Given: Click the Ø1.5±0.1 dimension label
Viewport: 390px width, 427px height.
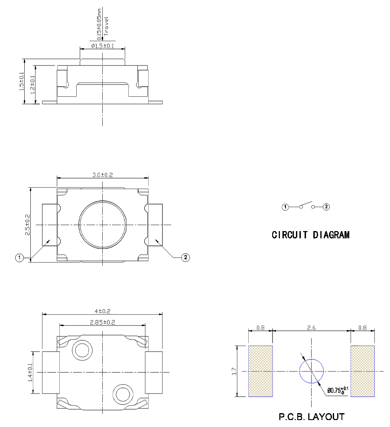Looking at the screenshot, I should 102,46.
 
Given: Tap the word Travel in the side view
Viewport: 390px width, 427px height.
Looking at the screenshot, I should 106,26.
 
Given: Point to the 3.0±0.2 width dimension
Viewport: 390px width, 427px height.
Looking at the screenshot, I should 102,175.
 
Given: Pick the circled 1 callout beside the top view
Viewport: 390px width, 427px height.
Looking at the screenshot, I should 19,258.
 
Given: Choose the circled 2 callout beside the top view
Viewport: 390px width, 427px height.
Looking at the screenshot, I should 185,258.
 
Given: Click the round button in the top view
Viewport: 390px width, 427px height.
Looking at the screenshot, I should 102,225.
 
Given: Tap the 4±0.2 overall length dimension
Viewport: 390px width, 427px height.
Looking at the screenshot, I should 102,311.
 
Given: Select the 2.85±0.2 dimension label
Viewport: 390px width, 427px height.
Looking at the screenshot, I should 102,322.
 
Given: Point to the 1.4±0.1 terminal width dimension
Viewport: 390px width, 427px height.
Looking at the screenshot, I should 31,372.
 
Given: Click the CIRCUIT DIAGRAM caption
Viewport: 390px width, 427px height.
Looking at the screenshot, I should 311,235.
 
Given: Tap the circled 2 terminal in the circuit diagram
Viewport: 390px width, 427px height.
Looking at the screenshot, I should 327,207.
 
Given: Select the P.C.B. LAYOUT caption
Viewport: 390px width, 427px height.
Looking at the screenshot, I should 312,417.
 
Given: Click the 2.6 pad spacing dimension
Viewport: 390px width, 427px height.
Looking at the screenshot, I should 311,328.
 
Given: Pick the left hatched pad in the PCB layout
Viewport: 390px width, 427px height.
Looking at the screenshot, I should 260,371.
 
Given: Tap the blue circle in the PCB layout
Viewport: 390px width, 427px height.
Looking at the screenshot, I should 312,371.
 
